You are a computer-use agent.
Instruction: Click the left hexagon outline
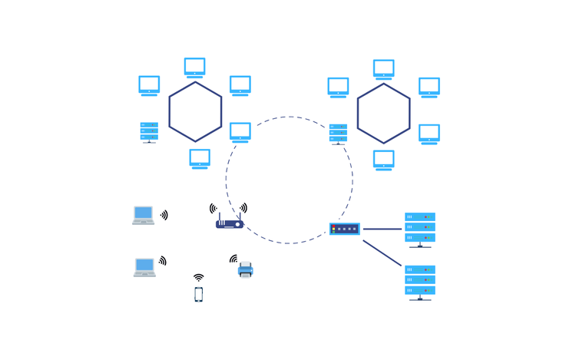[x=169, y=112]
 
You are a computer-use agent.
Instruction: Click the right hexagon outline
[x=358, y=113]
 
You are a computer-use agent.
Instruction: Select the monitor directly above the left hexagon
[x=195, y=67]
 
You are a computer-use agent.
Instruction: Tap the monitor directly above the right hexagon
[x=384, y=68]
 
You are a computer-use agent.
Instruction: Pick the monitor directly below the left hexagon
[x=200, y=158]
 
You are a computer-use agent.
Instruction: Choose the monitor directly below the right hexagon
[x=383, y=159]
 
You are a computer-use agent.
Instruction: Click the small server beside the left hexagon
[x=149, y=132]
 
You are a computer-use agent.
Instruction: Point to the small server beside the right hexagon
[x=338, y=134]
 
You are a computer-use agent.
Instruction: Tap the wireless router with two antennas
[x=230, y=223]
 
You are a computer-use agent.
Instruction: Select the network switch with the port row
[x=345, y=229]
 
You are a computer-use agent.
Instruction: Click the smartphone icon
[x=199, y=294]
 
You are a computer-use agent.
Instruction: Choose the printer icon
[x=246, y=269]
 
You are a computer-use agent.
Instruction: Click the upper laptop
[x=144, y=215]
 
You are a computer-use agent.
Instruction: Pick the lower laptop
[x=144, y=267]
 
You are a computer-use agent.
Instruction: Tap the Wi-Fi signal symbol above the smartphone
[x=199, y=278]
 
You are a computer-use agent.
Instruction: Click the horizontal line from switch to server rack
[x=382, y=229]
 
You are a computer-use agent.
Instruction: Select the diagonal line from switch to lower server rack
[x=382, y=253]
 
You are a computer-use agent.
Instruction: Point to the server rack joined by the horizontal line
[x=420, y=229]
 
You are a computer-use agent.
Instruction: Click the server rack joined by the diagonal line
[x=420, y=281]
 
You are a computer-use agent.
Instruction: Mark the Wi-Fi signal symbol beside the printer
[x=233, y=259]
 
